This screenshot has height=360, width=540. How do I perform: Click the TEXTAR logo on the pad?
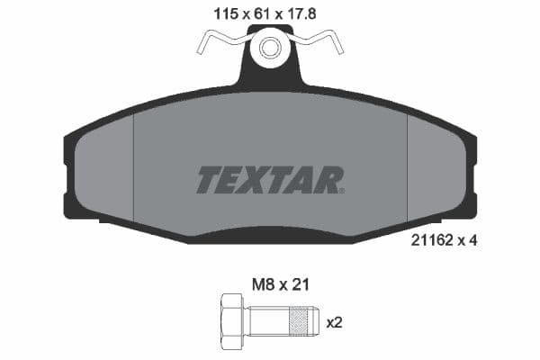pyautogui.click(x=269, y=180)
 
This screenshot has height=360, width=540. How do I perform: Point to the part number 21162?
pyautogui.click(x=430, y=240)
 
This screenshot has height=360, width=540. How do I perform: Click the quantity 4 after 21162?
pyautogui.click(x=472, y=240)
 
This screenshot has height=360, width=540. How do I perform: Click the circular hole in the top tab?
pyautogui.click(x=270, y=47)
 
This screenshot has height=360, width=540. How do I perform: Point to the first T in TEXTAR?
pyautogui.click(x=207, y=180)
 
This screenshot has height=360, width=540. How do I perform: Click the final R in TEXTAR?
pyautogui.click(x=330, y=180)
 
